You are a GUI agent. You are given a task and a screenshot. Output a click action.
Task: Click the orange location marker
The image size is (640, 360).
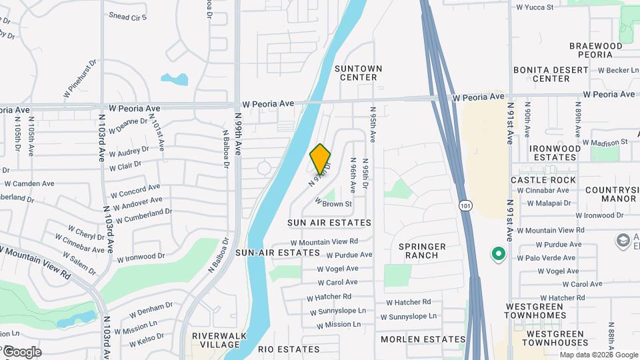[320, 159]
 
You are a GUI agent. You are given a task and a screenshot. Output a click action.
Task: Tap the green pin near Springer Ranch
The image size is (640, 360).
[497, 254]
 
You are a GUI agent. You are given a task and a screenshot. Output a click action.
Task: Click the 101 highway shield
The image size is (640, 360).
[465, 207]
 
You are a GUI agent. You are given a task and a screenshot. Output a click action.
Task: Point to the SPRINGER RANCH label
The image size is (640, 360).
[423, 251]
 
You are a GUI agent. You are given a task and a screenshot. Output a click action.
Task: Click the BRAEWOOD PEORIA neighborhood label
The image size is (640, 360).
[595, 50]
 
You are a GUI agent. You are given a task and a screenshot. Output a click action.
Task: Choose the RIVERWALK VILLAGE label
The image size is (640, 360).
[215, 340]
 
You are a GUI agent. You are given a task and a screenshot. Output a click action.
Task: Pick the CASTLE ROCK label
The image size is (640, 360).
[544, 180]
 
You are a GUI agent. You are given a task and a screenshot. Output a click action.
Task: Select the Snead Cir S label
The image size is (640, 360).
[127, 15]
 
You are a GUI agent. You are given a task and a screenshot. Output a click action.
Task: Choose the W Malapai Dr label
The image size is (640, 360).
[549, 203]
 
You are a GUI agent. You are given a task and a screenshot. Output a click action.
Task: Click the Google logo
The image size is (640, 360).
[22, 351]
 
